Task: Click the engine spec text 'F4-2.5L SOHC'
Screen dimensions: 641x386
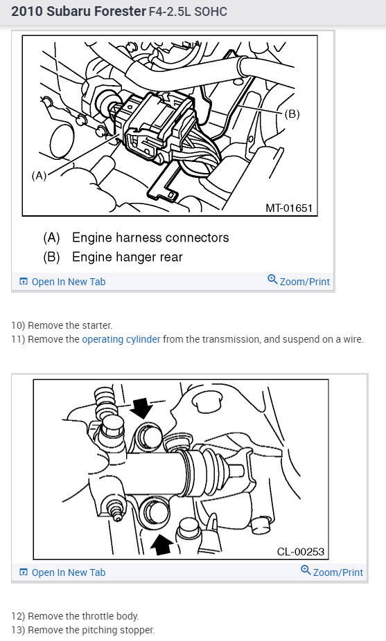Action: (x=188, y=12)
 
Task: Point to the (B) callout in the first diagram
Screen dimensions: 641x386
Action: (x=292, y=114)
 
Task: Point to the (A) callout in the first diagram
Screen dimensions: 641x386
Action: (x=40, y=176)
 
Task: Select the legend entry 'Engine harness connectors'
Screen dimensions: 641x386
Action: (x=150, y=237)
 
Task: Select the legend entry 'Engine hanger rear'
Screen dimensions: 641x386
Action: (x=127, y=257)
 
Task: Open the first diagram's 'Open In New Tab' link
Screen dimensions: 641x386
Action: (x=68, y=282)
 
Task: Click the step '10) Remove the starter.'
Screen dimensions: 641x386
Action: (x=61, y=325)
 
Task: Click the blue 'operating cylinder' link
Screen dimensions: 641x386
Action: (x=121, y=339)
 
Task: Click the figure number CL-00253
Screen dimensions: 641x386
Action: (x=301, y=552)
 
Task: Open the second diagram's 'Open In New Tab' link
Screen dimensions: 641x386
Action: (x=68, y=572)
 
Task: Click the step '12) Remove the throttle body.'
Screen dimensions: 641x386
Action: (x=75, y=615)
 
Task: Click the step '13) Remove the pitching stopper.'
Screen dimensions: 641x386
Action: (x=82, y=630)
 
